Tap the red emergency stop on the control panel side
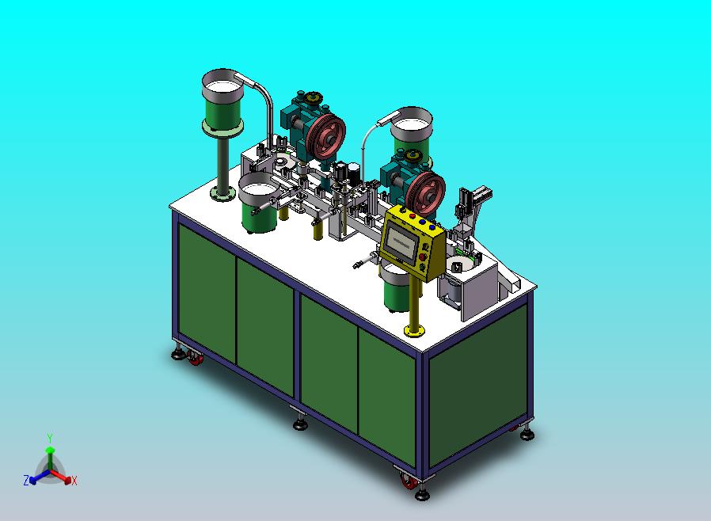423,257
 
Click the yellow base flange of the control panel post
414,330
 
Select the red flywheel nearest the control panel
425,192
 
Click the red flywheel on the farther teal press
325,136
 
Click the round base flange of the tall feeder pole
222,195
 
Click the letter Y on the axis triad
50,438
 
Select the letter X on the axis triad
74,481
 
